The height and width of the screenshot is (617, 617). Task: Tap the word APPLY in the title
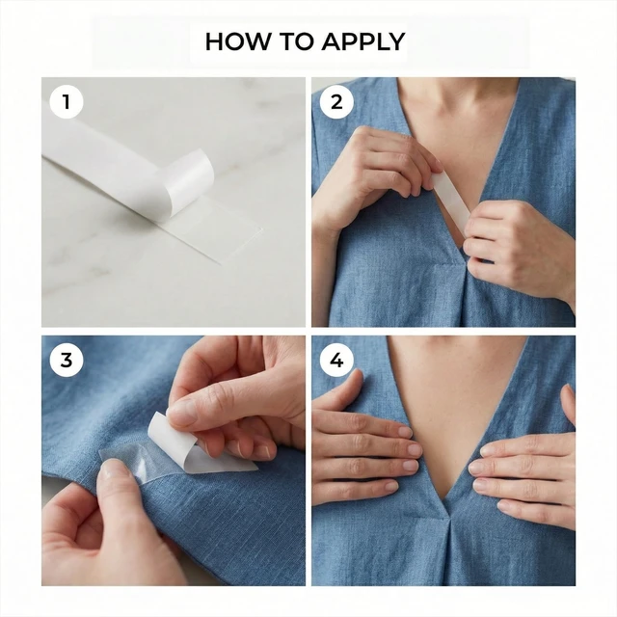coord(363,41)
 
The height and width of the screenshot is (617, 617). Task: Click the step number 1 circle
coord(67,102)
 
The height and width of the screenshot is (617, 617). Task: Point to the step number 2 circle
coord(336,102)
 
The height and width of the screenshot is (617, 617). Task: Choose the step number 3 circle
coord(67,360)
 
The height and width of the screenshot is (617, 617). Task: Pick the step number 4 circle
coord(336,360)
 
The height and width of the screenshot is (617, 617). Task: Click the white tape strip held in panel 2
coord(449,200)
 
